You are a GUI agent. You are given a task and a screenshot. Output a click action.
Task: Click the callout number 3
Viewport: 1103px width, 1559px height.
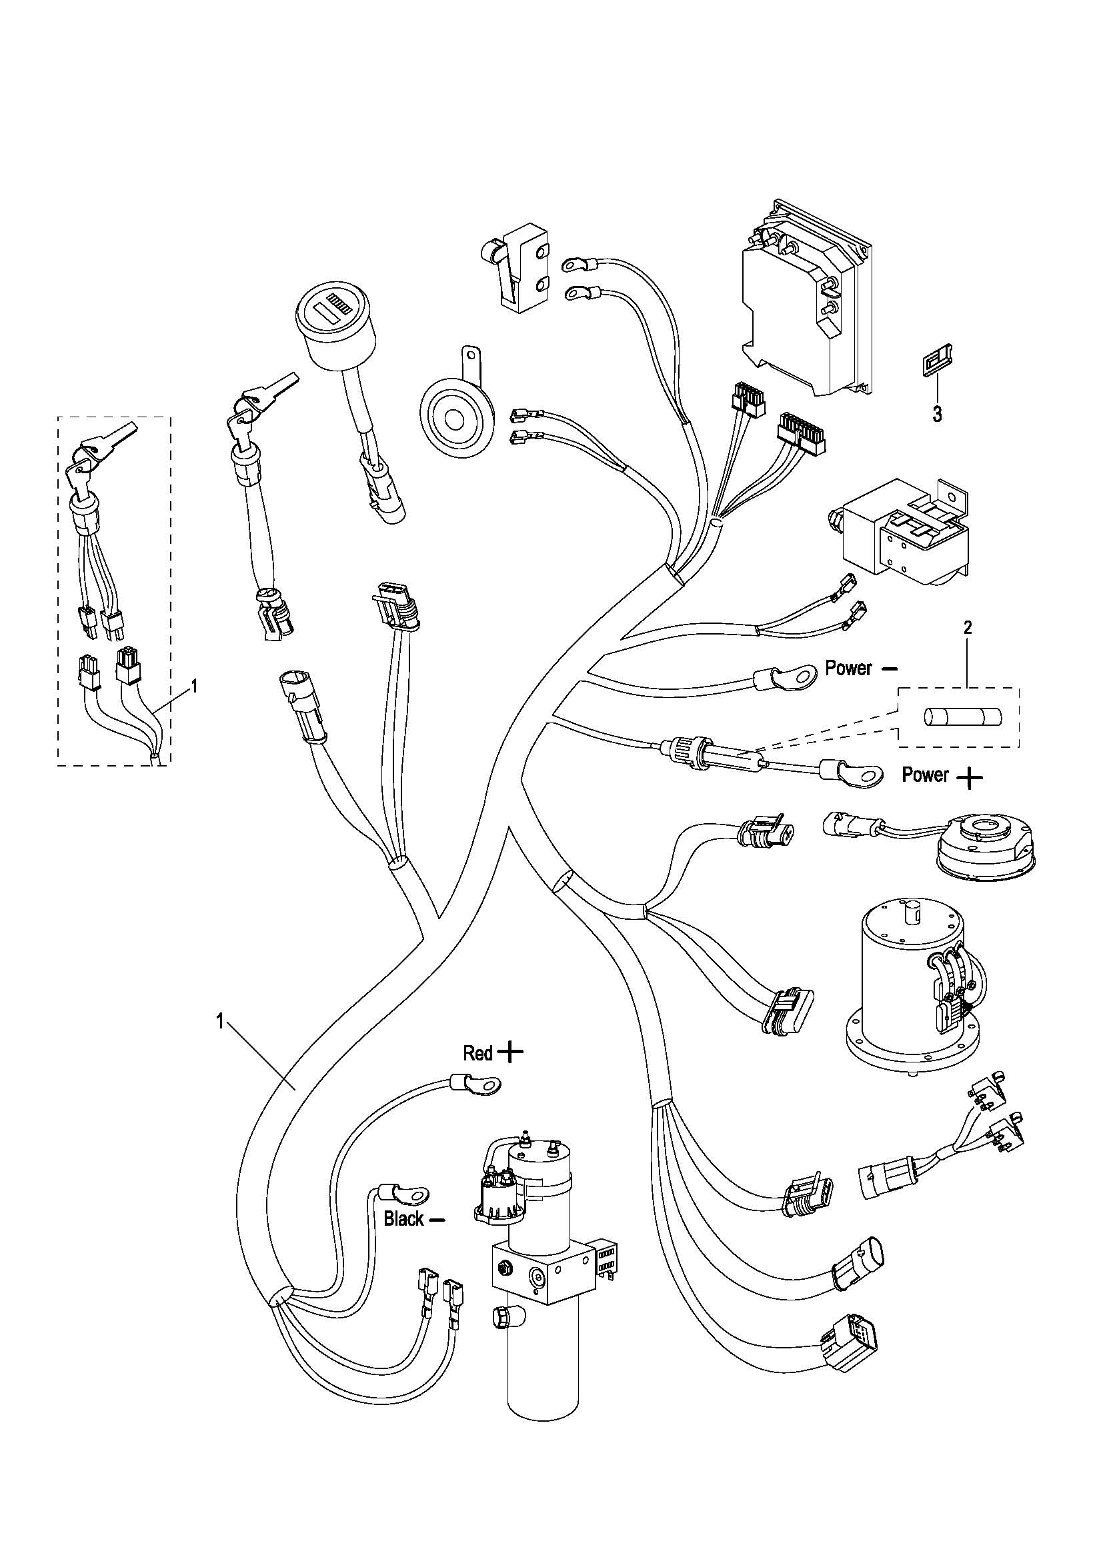(x=937, y=414)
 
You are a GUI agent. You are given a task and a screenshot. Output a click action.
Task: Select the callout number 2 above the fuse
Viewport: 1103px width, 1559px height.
(x=968, y=627)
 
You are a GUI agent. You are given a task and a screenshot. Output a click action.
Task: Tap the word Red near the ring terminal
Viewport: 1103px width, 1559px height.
(x=477, y=1053)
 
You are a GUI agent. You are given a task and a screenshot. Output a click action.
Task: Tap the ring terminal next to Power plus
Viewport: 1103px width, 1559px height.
(x=852, y=773)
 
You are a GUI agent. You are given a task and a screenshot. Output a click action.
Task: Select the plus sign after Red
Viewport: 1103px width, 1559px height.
(x=511, y=1052)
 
